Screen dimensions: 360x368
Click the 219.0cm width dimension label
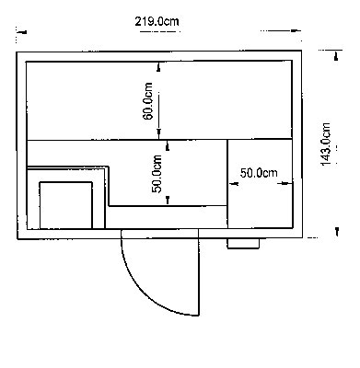pos(157,21)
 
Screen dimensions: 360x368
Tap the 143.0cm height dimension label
pos(326,144)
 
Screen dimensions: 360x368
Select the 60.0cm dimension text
pos(148,101)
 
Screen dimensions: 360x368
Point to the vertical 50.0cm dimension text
pos(157,174)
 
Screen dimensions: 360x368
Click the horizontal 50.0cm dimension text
pos(259,173)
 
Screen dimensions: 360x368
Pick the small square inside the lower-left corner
pos(66,205)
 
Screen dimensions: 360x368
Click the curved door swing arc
pos(145,288)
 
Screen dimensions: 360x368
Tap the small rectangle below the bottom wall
pos(243,244)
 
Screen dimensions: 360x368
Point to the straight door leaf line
pos(199,272)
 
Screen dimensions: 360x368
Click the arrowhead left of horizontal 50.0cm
pos(234,184)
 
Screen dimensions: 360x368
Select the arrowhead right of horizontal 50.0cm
pos(285,183)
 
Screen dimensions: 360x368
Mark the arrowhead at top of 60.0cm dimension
pos(158,67)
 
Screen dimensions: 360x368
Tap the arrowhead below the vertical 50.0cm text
pos(168,200)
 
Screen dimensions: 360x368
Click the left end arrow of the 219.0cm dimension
pos(22,32)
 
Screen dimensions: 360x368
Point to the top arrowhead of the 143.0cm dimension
pos(336,56)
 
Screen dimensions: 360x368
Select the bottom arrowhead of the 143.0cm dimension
pos(337,232)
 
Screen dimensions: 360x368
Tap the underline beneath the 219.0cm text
pos(159,31)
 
